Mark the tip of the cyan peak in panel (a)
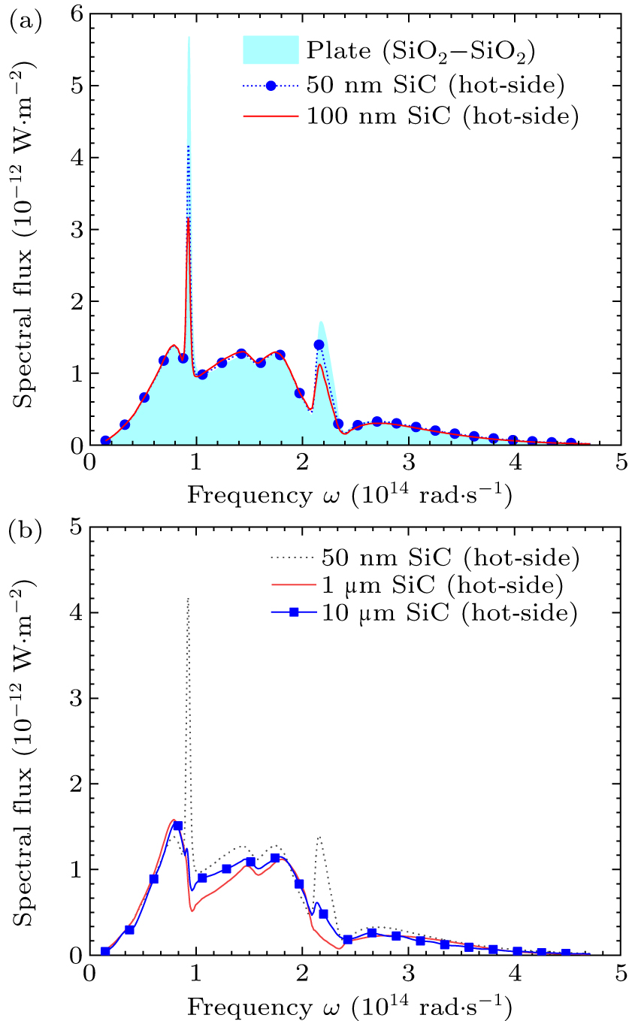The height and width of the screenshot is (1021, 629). coord(189,36)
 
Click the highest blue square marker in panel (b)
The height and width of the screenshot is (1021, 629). coord(178,826)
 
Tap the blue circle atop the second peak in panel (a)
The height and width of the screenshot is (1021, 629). coord(319,345)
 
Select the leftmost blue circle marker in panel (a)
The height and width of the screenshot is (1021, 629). coord(105,441)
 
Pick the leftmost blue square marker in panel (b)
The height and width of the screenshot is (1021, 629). coord(105,951)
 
